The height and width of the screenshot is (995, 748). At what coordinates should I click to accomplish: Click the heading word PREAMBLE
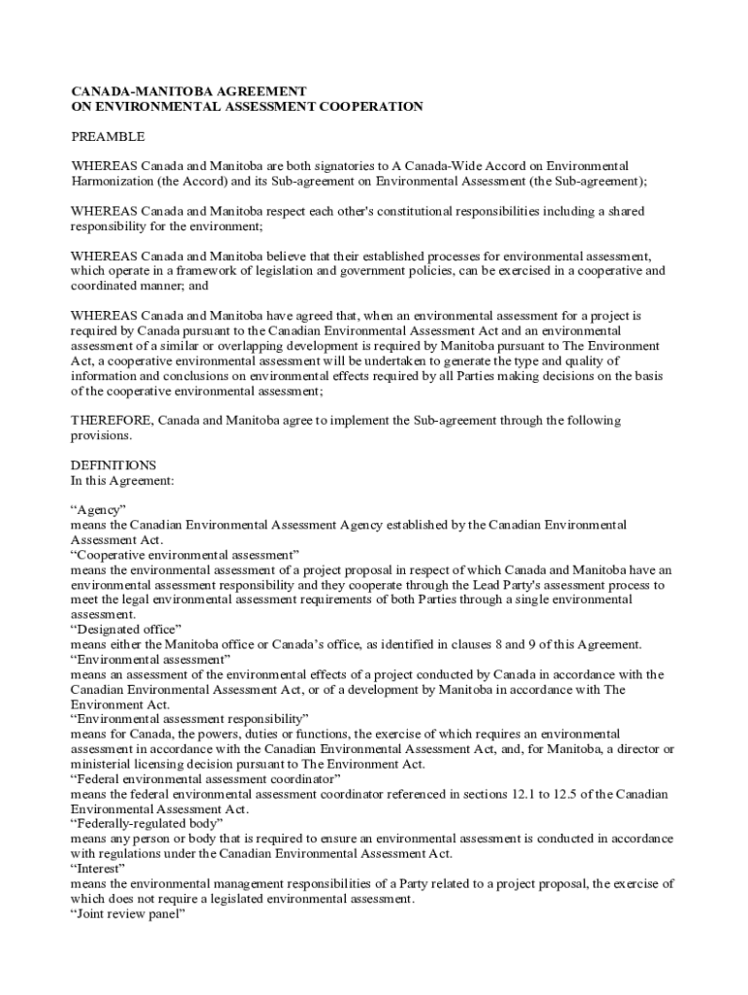[108, 137]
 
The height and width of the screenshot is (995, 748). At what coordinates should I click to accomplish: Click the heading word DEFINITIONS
[114, 465]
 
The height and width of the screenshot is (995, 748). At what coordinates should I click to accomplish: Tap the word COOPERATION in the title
[368, 107]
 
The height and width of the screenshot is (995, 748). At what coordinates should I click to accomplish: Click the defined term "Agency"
[98, 510]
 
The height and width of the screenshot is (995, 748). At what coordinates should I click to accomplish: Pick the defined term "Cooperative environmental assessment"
[185, 555]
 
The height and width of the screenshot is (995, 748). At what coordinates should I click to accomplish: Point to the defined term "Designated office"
[125, 630]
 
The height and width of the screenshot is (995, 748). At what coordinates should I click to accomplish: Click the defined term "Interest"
[99, 869]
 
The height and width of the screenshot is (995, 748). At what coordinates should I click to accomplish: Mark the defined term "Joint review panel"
[128, 913]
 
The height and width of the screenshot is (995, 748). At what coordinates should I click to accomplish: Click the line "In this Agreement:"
[122, 480]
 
